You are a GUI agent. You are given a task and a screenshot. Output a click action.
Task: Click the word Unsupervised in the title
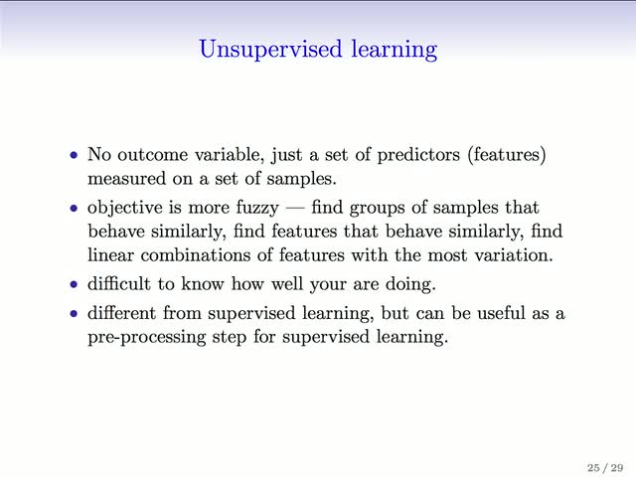tap(270, 50)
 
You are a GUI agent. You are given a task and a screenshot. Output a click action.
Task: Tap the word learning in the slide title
tap(395, 50)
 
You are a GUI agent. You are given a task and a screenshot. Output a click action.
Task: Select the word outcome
tap(152, 155)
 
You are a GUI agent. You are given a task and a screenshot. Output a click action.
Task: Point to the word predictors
tap(418, 155)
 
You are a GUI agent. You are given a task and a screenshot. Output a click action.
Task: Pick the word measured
tap(126, 179)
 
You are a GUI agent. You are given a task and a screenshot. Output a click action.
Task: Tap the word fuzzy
tap(257, 208)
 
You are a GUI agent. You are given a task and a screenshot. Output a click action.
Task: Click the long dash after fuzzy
tap(295, 209)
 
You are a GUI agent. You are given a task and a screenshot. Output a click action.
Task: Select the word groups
tap(377, 208)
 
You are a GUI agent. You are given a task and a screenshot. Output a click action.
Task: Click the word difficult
tap(119, 283)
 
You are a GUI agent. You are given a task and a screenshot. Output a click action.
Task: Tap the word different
tap(121, 313)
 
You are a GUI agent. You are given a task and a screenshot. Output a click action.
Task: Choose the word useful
tap(501, 313)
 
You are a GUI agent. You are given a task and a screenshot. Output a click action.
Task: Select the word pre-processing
tap(147, 338)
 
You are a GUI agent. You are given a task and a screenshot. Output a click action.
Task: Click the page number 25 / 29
tap(605, 468)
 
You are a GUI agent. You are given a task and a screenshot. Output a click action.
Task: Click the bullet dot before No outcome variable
tap(74, 155)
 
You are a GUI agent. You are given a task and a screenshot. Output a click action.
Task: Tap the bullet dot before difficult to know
tap(74, 284)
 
